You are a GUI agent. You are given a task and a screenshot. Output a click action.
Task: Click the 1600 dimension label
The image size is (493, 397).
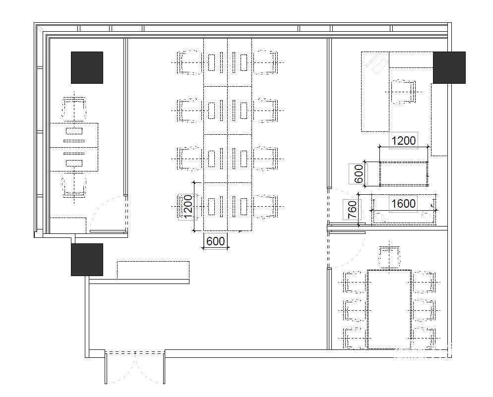tap(403, 204)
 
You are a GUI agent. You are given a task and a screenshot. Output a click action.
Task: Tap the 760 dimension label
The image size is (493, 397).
tap(353, 210)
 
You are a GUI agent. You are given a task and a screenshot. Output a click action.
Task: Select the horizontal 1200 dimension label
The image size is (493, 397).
tap(403, 140)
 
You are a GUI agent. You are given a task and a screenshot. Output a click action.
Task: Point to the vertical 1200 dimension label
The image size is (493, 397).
tap(187, 207)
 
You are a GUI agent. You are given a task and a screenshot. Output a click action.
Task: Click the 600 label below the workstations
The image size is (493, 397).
tap(216, 241)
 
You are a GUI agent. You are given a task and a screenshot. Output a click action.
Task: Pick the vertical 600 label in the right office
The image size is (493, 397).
tap(359, 173)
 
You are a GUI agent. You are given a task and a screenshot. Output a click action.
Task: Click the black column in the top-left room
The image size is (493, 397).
tap(87, 67)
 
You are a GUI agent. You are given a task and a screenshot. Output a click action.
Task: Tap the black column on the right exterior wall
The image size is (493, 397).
tap(449, 67)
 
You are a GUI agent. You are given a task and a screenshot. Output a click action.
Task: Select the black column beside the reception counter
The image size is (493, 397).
tap(87, 260)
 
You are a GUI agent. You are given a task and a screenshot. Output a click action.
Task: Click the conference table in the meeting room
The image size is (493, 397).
tap(389, 309)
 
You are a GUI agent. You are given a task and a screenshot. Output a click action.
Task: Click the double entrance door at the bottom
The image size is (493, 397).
tap(135, 367)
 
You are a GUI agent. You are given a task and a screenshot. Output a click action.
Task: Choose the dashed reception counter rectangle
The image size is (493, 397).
tap(153, 270)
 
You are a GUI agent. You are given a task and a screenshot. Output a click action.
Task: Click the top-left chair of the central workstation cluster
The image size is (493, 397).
tap(189, 63)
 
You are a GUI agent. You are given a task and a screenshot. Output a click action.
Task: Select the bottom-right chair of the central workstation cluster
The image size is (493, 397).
tap(266, 206)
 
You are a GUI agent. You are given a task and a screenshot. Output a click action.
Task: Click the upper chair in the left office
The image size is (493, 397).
tap(74, 110)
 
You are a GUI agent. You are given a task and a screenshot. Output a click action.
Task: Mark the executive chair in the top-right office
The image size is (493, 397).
tap(403, 92)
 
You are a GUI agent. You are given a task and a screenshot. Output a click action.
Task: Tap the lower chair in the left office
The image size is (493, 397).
tap(74, 185)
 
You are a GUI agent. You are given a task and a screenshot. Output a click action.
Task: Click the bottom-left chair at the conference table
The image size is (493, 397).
tap(355, 338)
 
